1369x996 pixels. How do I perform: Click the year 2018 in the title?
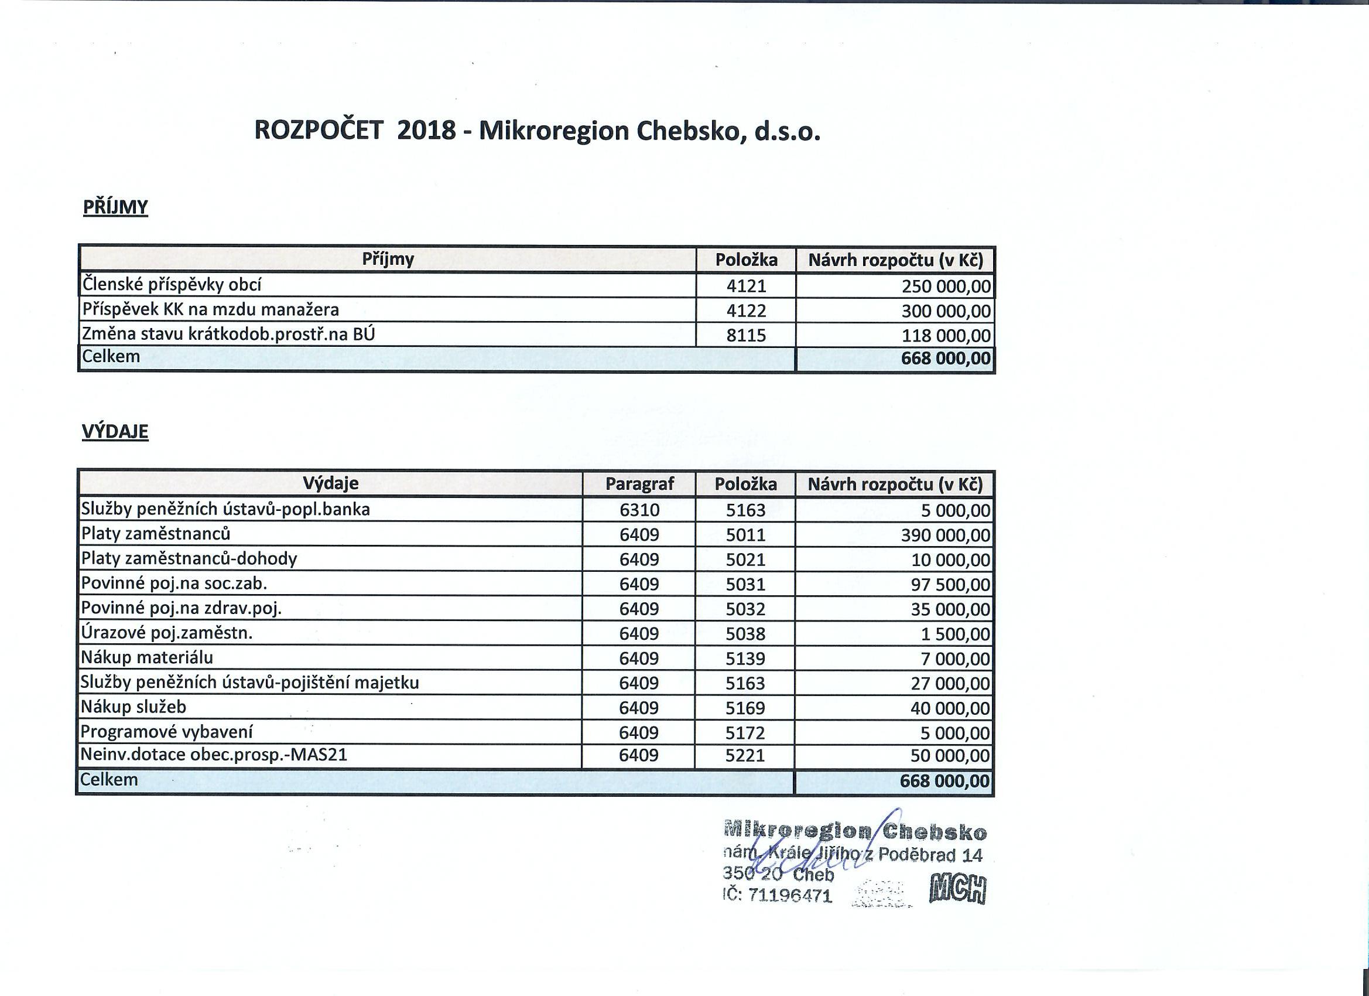tap(426, 131)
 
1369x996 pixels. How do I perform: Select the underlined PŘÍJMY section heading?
tap(115, 207)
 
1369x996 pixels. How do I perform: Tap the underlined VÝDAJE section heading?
tap(115, 432)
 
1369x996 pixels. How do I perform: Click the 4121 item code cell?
tap(746, 286)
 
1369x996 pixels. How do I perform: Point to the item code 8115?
tap(746, 335)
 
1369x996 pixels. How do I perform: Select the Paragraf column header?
tap(639, 484)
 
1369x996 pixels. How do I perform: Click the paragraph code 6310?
tap(639, 510)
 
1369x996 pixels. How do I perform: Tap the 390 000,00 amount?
tap(945, 535)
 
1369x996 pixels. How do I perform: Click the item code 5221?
tap(745, 756)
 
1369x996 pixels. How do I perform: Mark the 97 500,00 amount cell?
tap(951, 585)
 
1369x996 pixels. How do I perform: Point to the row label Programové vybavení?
tap(167, 732)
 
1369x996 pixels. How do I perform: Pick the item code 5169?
tap(745, 708)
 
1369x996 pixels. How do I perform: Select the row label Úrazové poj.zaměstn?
tap(167, 633)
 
